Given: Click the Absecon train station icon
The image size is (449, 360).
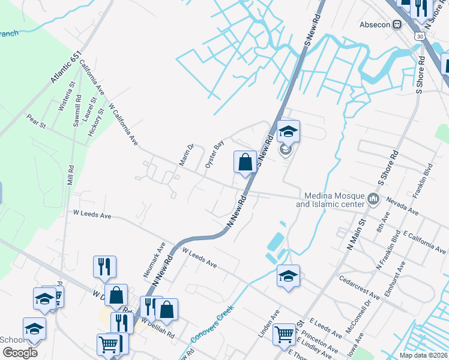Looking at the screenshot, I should [397, 25].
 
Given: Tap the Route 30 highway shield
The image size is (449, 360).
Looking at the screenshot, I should [419, 37].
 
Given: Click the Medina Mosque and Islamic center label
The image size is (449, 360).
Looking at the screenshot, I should [334, 200].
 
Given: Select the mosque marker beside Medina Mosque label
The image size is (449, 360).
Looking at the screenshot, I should [374, 199].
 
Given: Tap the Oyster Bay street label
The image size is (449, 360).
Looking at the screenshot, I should [214, 154].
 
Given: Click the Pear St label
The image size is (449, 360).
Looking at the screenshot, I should [36, 121].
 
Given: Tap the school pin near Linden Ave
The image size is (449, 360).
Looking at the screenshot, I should [288, 277].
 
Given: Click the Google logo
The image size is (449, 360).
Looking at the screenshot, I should [20, 353].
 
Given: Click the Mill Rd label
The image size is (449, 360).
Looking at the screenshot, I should [71, 176].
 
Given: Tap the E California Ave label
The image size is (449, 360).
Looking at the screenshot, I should [425, 241].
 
